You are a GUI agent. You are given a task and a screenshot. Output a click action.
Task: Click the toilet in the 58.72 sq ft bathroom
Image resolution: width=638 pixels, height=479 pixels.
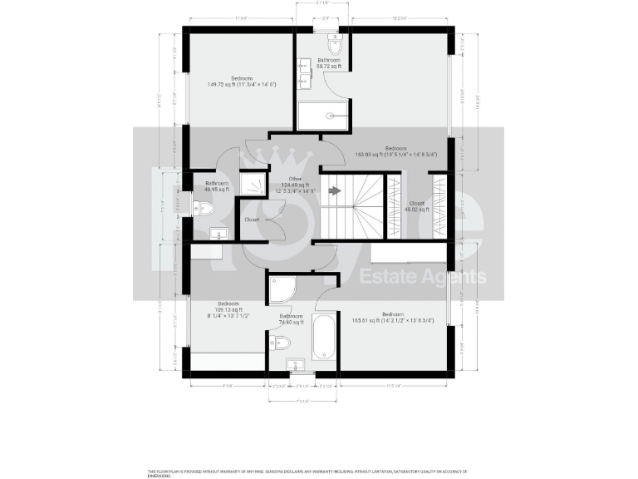[334, 43]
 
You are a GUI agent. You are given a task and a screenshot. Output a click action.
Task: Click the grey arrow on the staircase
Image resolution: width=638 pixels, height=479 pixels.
[334, 190]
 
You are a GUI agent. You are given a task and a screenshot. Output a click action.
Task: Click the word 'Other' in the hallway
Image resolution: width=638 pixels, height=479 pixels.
[295, 179]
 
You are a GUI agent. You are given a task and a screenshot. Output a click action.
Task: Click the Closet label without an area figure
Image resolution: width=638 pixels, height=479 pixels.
[251, 220]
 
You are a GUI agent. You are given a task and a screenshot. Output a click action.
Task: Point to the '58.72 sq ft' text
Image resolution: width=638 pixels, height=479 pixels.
[328, 66]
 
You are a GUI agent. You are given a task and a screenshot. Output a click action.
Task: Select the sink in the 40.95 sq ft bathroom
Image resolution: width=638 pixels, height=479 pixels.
[218, 234]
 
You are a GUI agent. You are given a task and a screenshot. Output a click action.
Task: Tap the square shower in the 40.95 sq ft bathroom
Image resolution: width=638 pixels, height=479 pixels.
[252, 182]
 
